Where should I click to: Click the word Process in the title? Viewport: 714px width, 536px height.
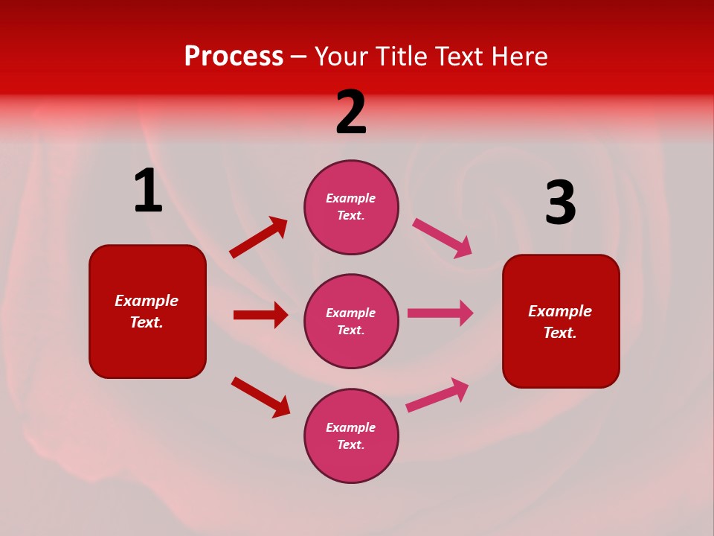(x=234, y=57)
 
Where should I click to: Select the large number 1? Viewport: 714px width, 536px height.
(x=148, y=191)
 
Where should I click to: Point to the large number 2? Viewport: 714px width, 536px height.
(x=351, y=112)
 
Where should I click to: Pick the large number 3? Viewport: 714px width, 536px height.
(x=560, y=203)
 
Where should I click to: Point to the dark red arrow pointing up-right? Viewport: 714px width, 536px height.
(x=259, y=237)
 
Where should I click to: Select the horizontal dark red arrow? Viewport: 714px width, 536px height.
(x=260, y=315)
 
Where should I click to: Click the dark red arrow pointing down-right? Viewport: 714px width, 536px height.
(x=260, y=397)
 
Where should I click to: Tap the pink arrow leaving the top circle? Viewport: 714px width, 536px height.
(x=442, y=237)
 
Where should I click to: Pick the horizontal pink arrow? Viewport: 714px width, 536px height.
(x=440, y=313)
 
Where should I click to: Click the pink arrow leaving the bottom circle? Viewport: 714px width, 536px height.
(x=437, y=395)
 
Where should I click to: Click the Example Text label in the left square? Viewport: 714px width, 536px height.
(x=147, y=311)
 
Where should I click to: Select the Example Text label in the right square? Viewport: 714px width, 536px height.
(x=560, y=322)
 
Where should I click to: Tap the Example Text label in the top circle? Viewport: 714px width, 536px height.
(x=351, y=207)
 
